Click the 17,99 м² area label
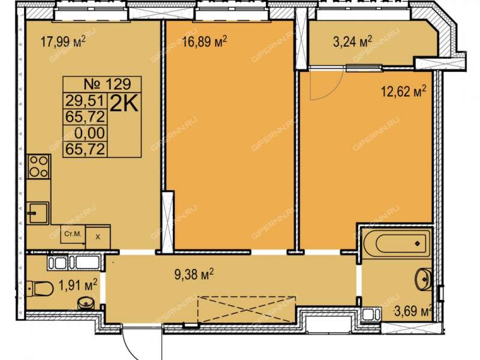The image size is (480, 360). click(63, 41)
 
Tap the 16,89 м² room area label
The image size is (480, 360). click(204, 41)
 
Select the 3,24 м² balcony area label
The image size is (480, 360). click(352, 41)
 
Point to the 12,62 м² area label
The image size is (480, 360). click(403, 91)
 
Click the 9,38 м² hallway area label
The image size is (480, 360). click(194, 274)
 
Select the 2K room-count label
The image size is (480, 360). click(124, 104)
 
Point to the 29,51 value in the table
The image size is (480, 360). click(86, 100)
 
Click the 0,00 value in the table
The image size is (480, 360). click(89, 133)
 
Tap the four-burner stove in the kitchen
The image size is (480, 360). click(38, 167)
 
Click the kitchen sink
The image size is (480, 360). click(38, 213)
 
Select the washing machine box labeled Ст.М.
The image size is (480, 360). click(73, 234)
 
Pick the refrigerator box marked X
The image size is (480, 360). click(98, 237)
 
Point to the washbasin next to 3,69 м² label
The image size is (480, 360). click(424, 279)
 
